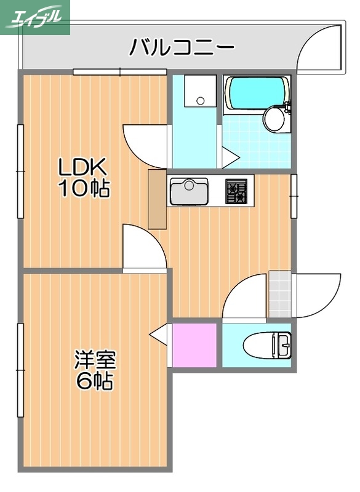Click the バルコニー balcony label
tap(182, 47)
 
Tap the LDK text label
tap(83, 167)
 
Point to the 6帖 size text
tap(95, 381)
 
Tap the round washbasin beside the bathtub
tap(274, 119)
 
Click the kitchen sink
tap(190, 192)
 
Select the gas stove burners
tap(236, 191)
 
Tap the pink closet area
tap(195, 344)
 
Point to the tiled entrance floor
tap(280, 294)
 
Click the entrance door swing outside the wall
tap(317, 294)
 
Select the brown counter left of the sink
tap(158, 200)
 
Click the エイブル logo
tap(36, 18)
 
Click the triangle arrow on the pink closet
tap(159, 335)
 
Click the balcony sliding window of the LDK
tap(120, 72)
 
